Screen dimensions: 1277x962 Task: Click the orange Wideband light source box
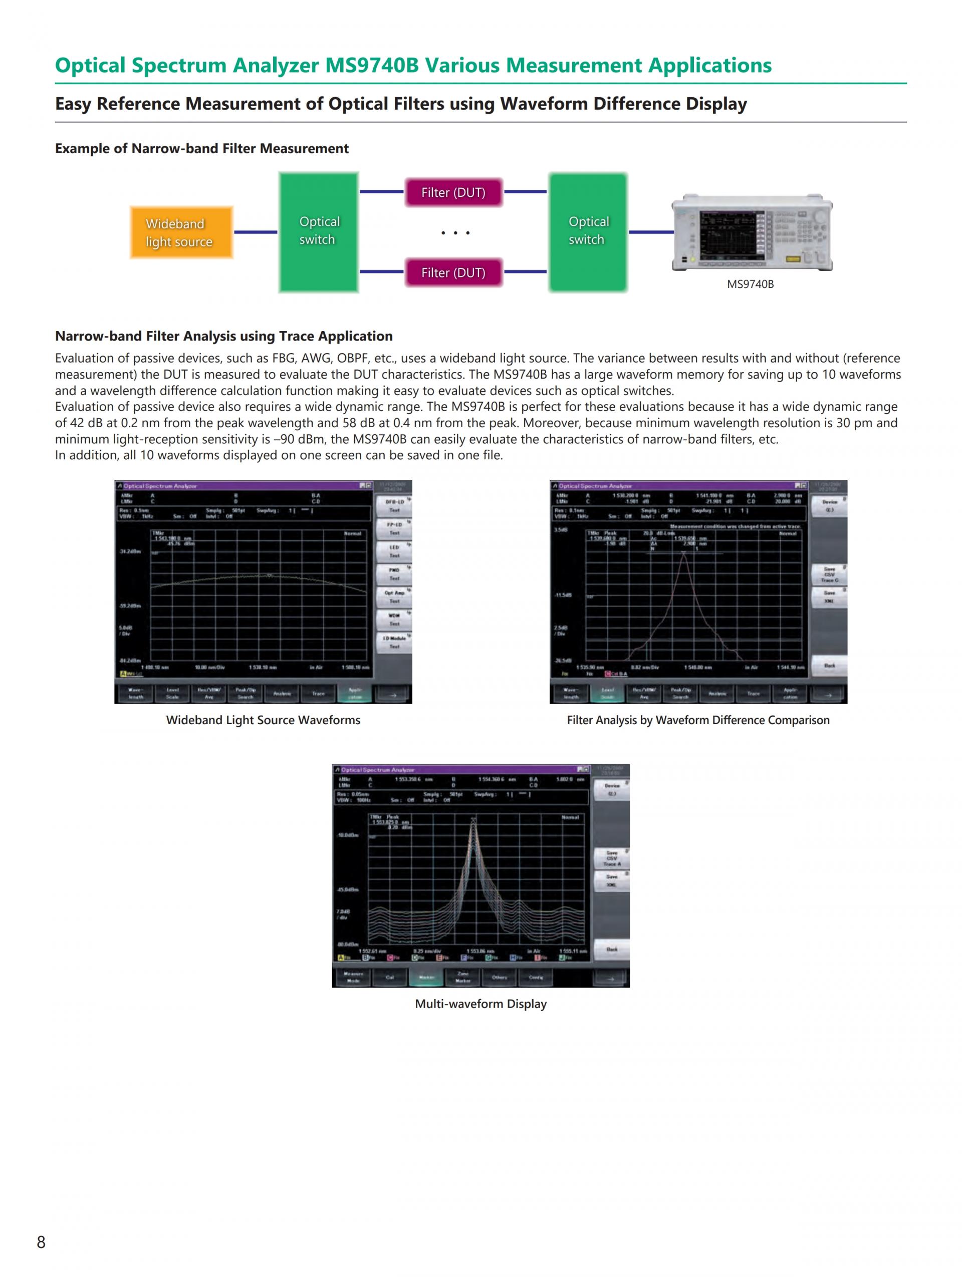181,232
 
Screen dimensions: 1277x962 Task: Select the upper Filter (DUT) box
453,192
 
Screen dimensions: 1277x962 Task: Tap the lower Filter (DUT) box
453,272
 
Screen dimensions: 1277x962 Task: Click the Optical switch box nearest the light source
319,231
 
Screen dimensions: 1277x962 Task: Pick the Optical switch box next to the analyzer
588,231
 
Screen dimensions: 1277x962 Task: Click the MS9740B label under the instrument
750,284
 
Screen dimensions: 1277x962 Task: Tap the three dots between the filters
455,233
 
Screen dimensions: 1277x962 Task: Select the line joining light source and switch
256,232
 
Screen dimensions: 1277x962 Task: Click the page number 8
41,1242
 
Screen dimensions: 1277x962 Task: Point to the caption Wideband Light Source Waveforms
263,720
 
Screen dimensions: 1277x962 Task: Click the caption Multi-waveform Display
480,1004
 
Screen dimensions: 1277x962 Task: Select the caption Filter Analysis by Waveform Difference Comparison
697,720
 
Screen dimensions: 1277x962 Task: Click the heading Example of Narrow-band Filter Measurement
201,148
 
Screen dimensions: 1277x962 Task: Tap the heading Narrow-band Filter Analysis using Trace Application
223,336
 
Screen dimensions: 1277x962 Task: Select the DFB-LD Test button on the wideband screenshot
394,506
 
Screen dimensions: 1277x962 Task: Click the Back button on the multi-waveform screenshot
611,949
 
